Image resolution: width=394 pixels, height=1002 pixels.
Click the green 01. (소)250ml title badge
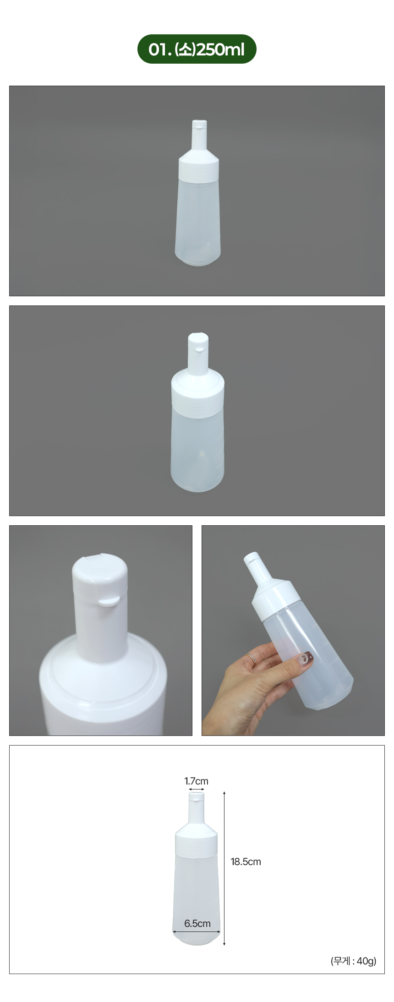[197, 49]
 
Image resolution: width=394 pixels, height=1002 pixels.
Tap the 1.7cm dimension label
[197, 781]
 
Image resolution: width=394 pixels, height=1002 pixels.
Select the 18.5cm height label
[246, 861]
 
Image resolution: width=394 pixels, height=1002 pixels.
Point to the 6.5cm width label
[197, 923]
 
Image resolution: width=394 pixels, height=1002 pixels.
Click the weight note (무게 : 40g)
[353, 961]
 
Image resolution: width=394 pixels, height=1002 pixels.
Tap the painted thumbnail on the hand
[304, 659]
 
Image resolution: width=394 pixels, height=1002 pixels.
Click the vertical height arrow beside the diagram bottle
[224, 868]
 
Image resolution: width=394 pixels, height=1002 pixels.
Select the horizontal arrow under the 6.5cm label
[197, 931]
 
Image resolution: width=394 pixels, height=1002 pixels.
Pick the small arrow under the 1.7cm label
[197, 790]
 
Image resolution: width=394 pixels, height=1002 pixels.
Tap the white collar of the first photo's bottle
[198, 169]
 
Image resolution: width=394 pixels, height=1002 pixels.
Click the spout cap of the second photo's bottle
[198, 342]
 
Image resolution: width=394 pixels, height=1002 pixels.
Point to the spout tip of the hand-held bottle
[251, 558]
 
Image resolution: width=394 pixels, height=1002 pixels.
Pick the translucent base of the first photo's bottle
[198, 257]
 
